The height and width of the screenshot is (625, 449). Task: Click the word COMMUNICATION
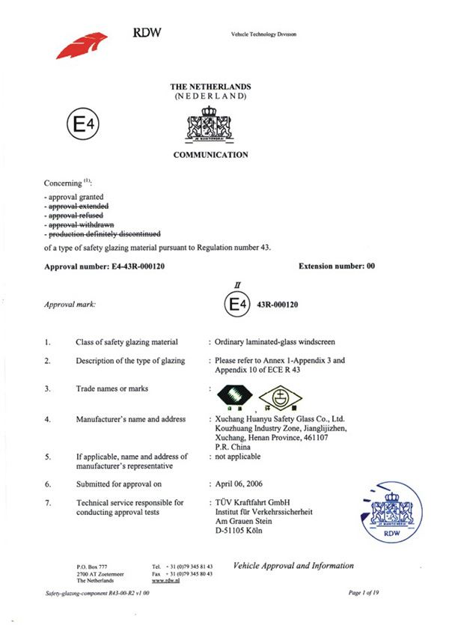click(x=210, y=155)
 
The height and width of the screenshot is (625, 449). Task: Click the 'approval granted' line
click(x=73, y=196)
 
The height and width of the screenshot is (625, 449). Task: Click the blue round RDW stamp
click(x=390, y=510)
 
